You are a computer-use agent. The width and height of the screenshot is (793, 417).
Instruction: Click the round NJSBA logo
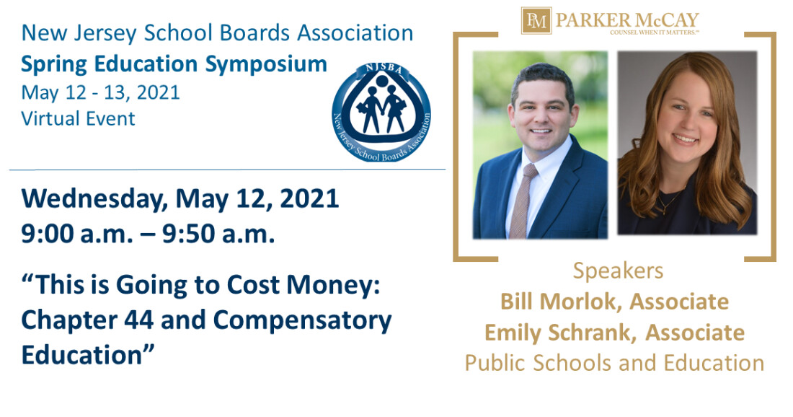381,113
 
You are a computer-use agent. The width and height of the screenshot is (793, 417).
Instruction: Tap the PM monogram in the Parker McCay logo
536,21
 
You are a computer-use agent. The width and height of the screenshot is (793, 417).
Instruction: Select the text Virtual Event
79,118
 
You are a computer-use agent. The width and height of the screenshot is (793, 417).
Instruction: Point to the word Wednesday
94,198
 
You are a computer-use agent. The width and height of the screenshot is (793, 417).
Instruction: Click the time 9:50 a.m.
218,234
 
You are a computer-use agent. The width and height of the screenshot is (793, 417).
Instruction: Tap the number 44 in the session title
138,320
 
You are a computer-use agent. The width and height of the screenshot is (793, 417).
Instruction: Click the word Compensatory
303,321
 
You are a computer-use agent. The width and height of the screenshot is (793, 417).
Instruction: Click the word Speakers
618,271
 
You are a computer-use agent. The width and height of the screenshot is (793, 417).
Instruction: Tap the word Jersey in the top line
105,34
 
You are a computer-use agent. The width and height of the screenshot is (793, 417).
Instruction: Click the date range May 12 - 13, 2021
101,92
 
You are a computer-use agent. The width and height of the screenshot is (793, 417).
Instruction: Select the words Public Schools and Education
614,363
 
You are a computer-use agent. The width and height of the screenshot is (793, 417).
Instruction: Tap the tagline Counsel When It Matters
655,32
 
